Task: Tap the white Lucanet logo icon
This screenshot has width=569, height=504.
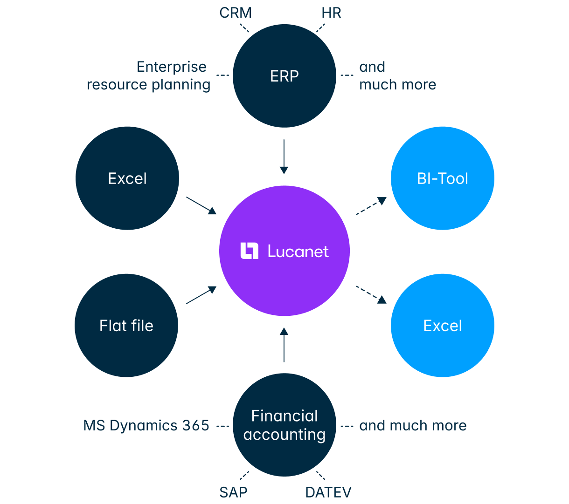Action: [249, 251]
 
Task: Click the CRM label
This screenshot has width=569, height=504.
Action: [236, 13]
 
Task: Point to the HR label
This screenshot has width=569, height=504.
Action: [332, 13]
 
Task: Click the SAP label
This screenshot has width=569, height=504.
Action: [233, 492]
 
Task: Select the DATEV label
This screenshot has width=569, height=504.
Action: [328, 492]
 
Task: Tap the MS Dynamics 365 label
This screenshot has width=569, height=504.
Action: [146, 425]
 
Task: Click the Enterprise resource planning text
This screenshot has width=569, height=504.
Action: [149, 75]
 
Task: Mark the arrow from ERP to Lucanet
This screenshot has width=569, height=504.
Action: [284, 157]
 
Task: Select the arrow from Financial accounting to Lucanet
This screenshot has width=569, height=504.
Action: [284, 345]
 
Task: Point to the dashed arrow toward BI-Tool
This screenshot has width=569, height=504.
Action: [371, 206]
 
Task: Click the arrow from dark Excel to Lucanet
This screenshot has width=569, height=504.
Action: [201, 205]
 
